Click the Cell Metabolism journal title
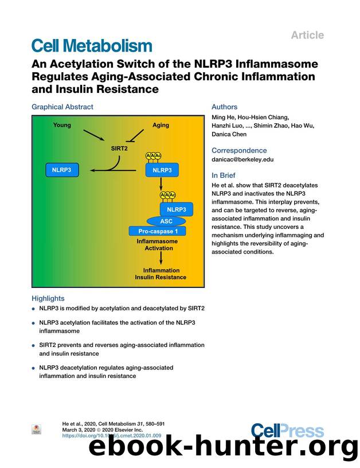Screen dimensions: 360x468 (92, 45)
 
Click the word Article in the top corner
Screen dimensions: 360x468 (323, 35)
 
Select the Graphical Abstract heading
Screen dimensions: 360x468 (62, 107)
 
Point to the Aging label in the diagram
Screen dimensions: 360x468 (161, 125)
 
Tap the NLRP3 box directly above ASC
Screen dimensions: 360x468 (177, 209)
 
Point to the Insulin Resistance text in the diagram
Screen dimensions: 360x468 (161, 277)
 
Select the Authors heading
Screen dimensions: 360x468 (224, 107)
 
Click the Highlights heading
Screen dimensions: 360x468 (48, 298)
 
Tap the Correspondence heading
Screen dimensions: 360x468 (239, 150)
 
